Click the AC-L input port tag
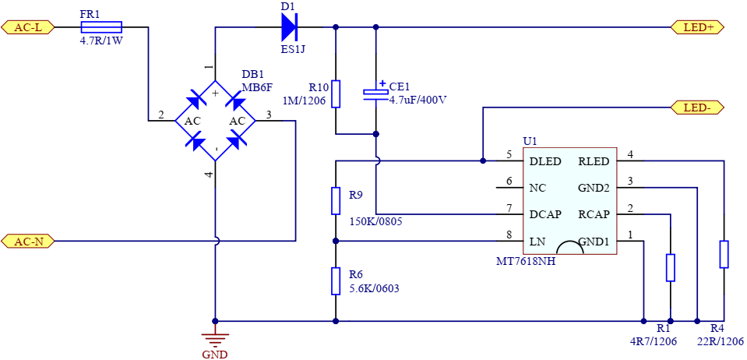click(27, 27)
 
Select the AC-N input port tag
click(27, 242)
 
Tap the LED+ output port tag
click(697, 27)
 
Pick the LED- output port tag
click(697, 108)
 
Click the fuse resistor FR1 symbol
click(101, 27)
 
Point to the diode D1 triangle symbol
click(289, 27)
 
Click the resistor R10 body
click(336, 94)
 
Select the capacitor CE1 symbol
click(376, 92)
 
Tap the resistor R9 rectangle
click(336, 201)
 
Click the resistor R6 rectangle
click(336, 281)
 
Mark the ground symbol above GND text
click(215, 339)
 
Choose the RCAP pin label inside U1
click(594, 214)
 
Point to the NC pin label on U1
click(537, 188)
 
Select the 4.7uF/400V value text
click(418, 101)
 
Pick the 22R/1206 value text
click(720, 341)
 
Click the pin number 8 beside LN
click(509, 235)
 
